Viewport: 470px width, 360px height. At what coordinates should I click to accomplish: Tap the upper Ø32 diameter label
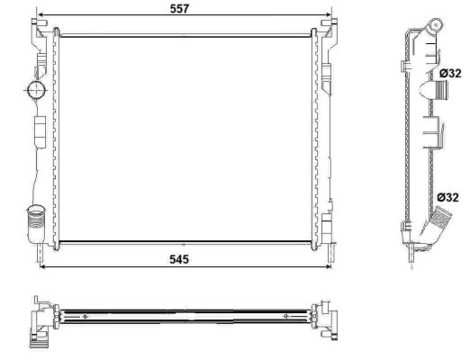(448, 73)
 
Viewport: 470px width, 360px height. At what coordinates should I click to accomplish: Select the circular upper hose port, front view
(35, 90)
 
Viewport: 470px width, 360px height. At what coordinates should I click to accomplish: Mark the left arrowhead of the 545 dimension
(42, 267)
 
